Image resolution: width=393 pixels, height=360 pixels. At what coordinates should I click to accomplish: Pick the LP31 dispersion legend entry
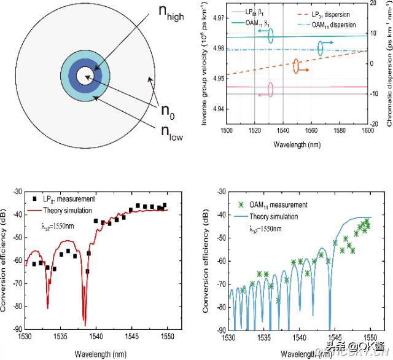click(x=332, y=14)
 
